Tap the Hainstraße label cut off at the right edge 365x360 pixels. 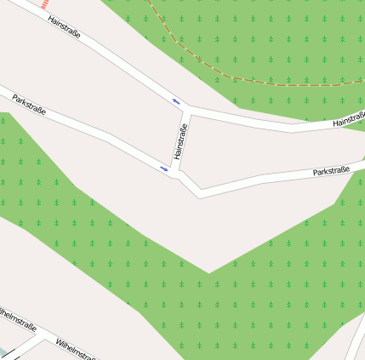(349, 121)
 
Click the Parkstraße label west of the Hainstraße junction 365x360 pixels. (29, 105)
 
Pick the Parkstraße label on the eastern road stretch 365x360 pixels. (332, 171)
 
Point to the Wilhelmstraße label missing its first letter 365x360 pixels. (18, 318)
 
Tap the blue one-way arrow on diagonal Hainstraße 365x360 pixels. (177, 101)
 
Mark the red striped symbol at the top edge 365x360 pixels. (43, 3)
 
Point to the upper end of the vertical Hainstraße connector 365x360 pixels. (187, 109)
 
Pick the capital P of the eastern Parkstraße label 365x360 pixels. (316, 174)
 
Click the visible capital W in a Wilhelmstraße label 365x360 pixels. (58, 340)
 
